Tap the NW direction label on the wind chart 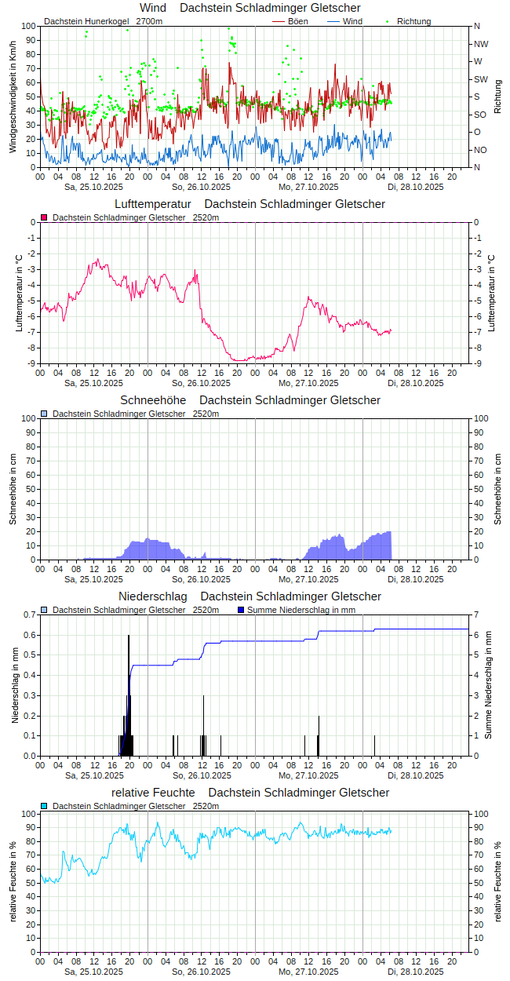click(x=481, y=44)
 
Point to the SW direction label click(x=481, y=79)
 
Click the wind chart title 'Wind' click(x=152, y=8)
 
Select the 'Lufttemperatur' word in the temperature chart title click(x=153, y=204)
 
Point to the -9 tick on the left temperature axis click(x=30, y=363)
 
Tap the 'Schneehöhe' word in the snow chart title click(x=154, y=400)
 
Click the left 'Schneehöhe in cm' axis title click(x=13, y=489)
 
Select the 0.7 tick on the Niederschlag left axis click(x=29, y=614)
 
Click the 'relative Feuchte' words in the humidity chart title click(x=153, y=793)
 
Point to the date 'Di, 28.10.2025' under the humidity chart click(x=415, y=972)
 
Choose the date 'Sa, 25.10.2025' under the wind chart click(x=93, y=187)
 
